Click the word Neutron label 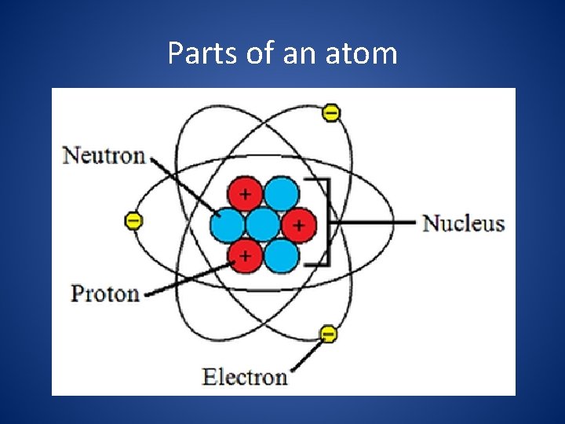[104, 155]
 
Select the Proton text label [105, 294]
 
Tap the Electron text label [245, 376]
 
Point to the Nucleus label [464, 223]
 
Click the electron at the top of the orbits [331, 113]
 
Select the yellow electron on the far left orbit [134, 221]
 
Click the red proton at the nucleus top [245, 193]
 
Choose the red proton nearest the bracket [298, 225]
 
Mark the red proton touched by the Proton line [245, 255]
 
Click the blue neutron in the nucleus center [263, 225]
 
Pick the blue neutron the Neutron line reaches [227, 225]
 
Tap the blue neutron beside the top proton [281, 193]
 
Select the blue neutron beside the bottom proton [281, 255]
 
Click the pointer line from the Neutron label [184, 184]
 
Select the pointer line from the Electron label [308, 354]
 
